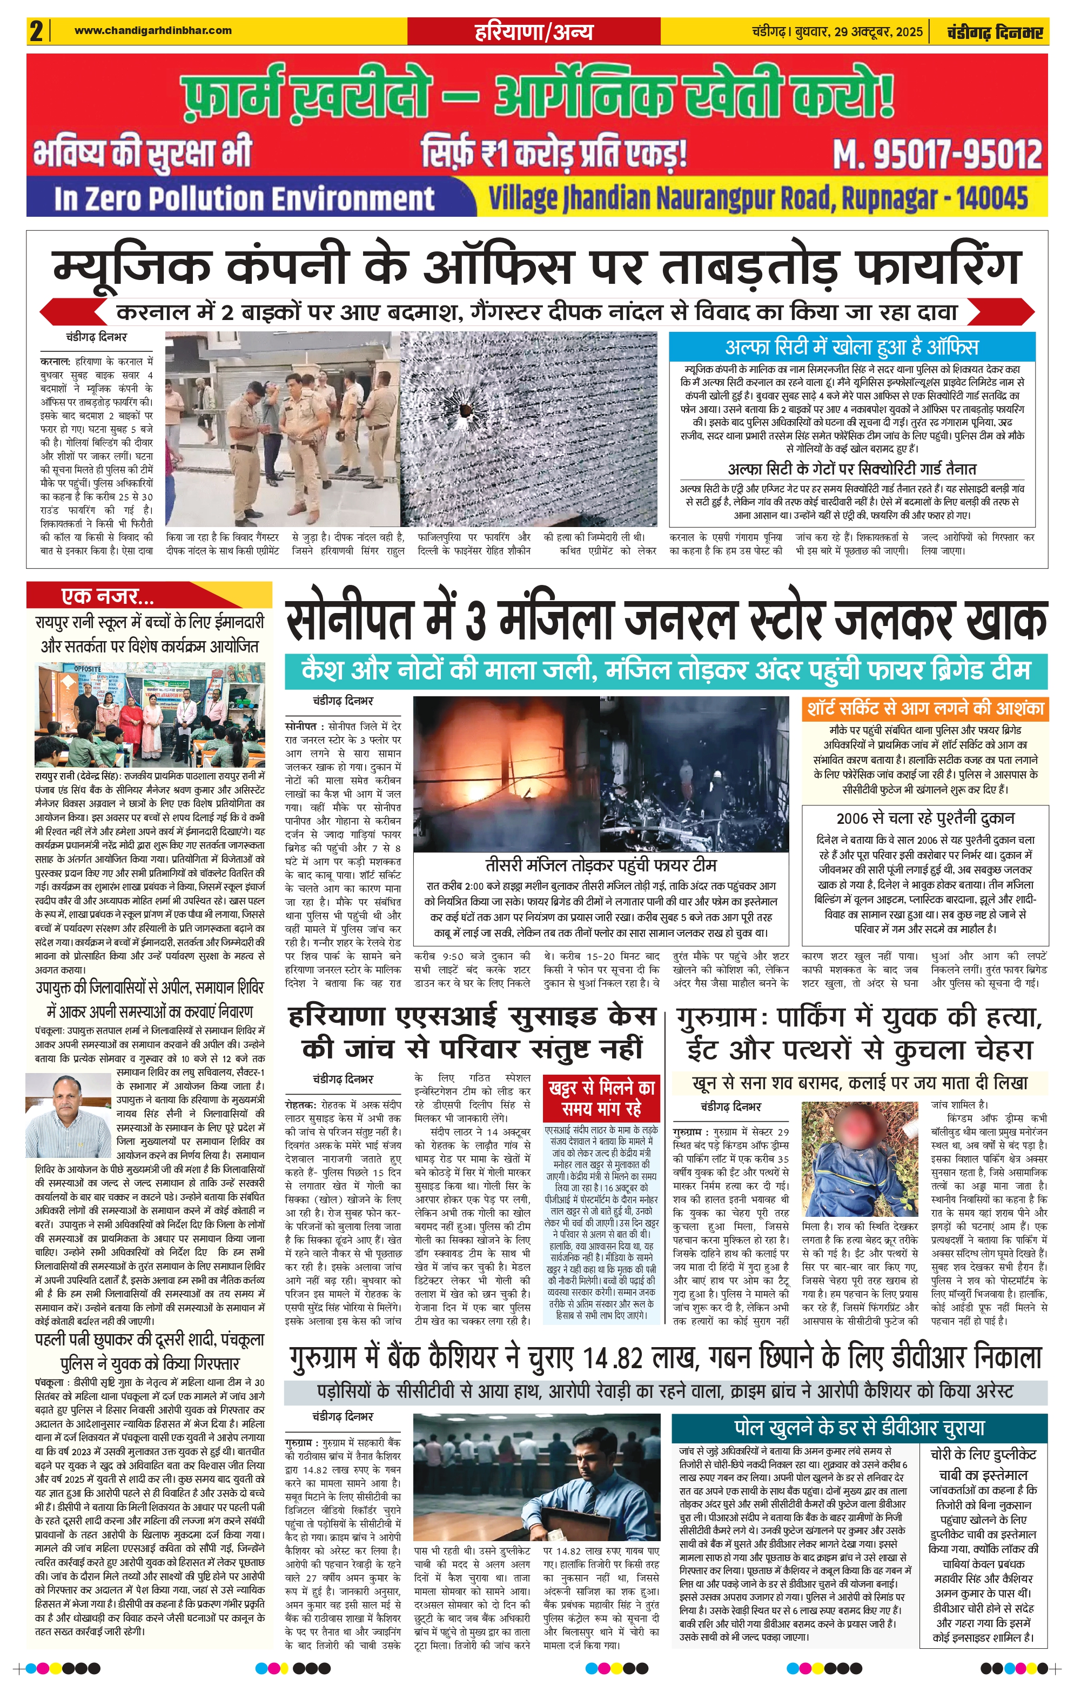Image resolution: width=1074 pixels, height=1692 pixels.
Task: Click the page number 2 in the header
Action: (36, 31)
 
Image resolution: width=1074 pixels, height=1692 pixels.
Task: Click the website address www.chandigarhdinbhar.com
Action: (152, 30)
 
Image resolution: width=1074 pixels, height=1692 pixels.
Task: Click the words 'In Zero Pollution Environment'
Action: (244, 199)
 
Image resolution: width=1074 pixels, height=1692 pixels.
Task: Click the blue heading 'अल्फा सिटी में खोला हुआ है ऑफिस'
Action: (851, 347)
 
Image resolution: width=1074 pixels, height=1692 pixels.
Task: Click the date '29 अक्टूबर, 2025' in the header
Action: (878, 31)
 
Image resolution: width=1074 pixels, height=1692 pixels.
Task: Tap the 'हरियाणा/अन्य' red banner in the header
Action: (534, 31)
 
